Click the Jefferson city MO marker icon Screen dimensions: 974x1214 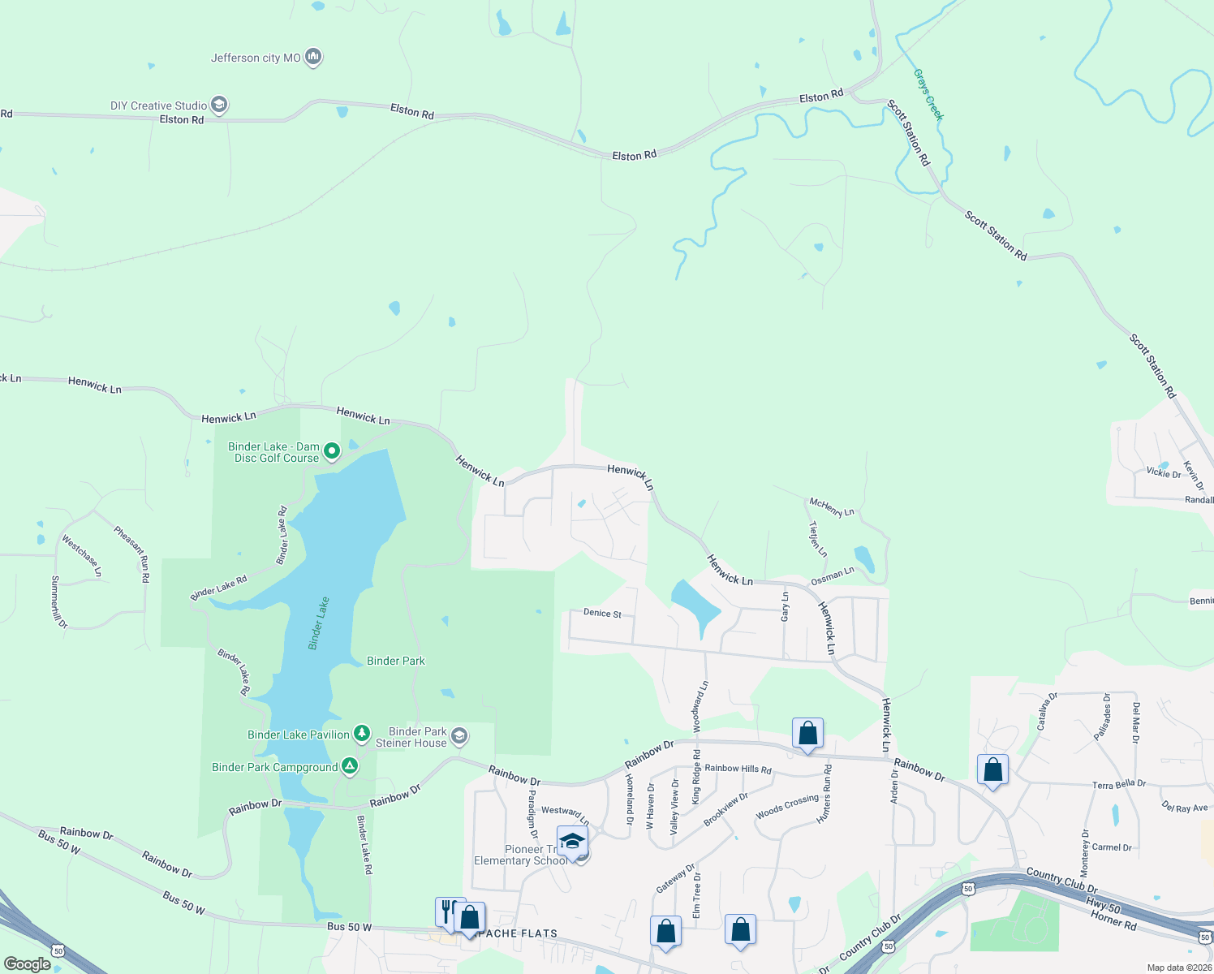coord(313,58)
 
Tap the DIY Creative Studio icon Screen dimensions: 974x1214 coord(218,105)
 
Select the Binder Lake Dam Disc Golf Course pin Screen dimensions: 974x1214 coord(331,450)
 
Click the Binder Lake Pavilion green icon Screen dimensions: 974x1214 coord(362,734)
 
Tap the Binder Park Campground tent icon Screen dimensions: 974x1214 coord(350,765)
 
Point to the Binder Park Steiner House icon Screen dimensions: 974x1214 coord(458,735)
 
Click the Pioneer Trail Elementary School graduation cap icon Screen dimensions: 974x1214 coord(572,841)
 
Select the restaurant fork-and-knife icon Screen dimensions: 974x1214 coord(446,910)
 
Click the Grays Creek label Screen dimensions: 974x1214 coord(928,95)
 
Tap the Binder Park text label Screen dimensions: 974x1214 coord(396,661)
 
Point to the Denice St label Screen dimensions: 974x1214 coord(602,613)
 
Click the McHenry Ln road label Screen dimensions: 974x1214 coord(832,507)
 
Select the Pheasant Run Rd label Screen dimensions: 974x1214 coord(131,554)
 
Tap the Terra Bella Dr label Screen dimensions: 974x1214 coord(1118,784)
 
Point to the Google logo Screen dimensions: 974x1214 coord(27,964)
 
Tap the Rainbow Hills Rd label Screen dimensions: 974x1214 coord(738,768)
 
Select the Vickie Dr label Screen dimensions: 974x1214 coord(1164,472)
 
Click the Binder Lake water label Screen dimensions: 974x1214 coord(319,623)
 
